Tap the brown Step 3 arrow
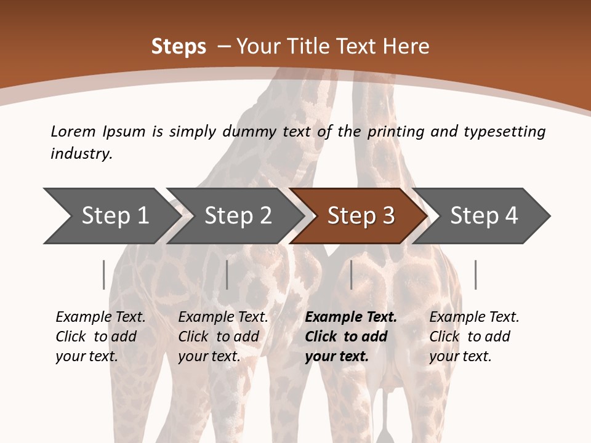(x=361, y=216)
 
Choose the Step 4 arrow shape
(x=484, y=216)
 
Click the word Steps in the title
(x=179, y=47)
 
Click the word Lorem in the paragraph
(x=73, y=131)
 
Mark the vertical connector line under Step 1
(x=103, y=274)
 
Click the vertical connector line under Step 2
(x=227, y=274)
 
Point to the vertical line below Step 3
(x=351, y=274)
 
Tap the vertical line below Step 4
(x=475, y=274)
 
